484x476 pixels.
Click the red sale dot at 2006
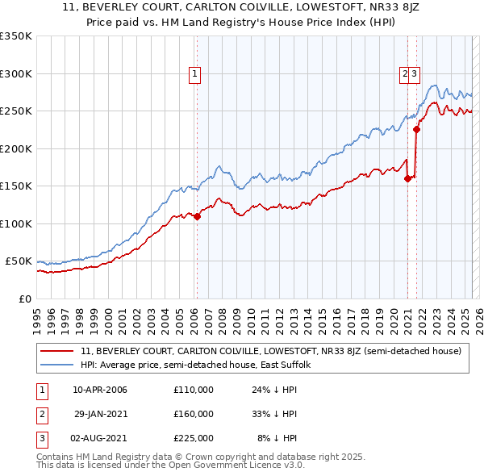coord(197,216)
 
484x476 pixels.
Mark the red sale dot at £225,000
coord(417,129)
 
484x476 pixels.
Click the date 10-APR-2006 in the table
coord(100,390)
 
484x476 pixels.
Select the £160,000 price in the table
coord(194,414)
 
